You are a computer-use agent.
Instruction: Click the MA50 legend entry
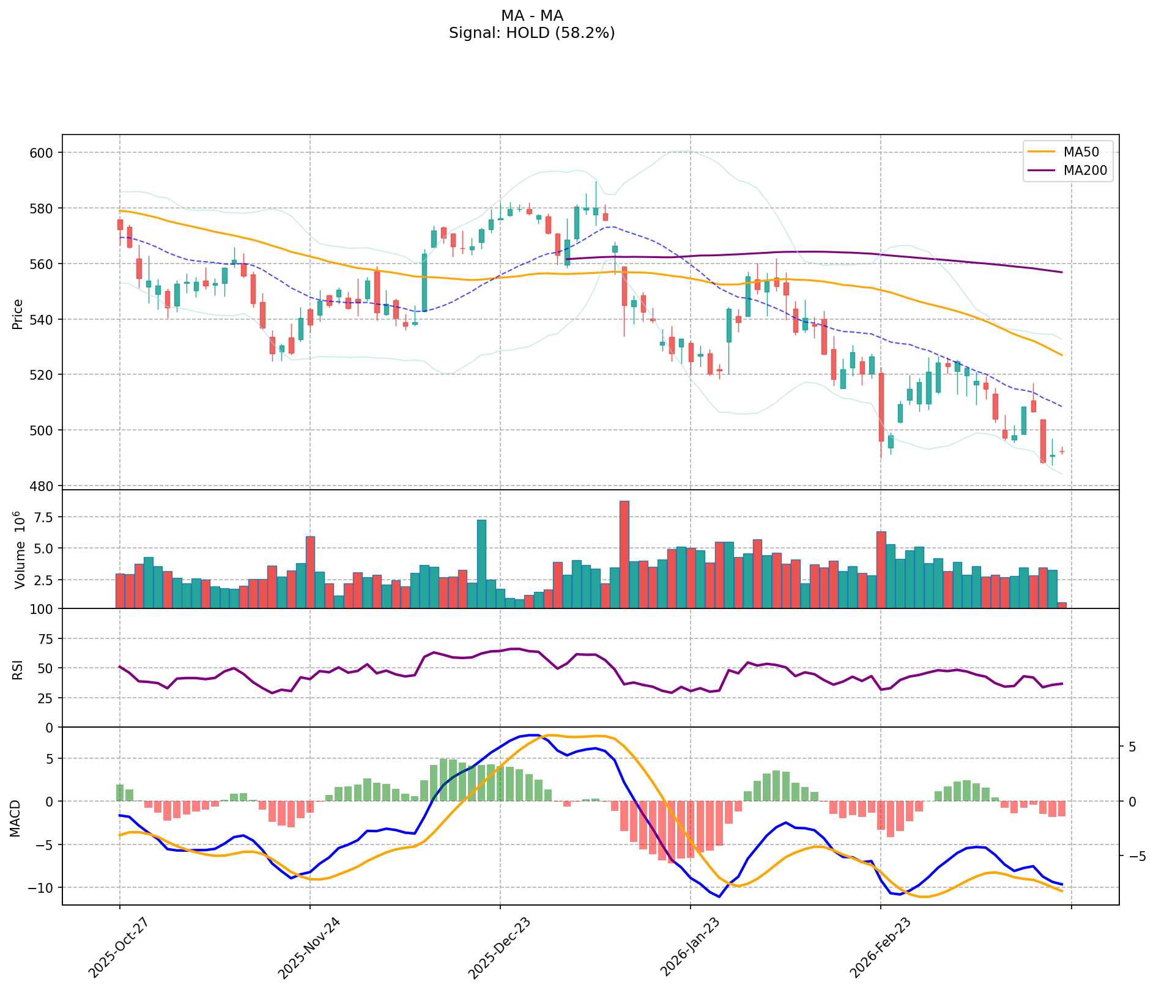coord(1076,151)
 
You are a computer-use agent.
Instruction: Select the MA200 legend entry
coord(1080,171)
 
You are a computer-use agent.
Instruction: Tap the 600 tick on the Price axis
coord(42,152)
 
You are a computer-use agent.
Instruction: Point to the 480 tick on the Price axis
coord(42,486)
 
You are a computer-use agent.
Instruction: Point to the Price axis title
coord(18,314)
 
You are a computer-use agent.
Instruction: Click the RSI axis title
coord(18,669)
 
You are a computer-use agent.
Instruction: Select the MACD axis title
coord(15,819)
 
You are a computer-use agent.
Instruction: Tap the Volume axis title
coord(19,550)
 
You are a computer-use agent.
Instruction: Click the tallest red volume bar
coord(624,554)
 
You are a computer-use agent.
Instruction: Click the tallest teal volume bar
coord(481,563)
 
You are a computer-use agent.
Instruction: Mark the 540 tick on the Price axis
coord(42,319)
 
